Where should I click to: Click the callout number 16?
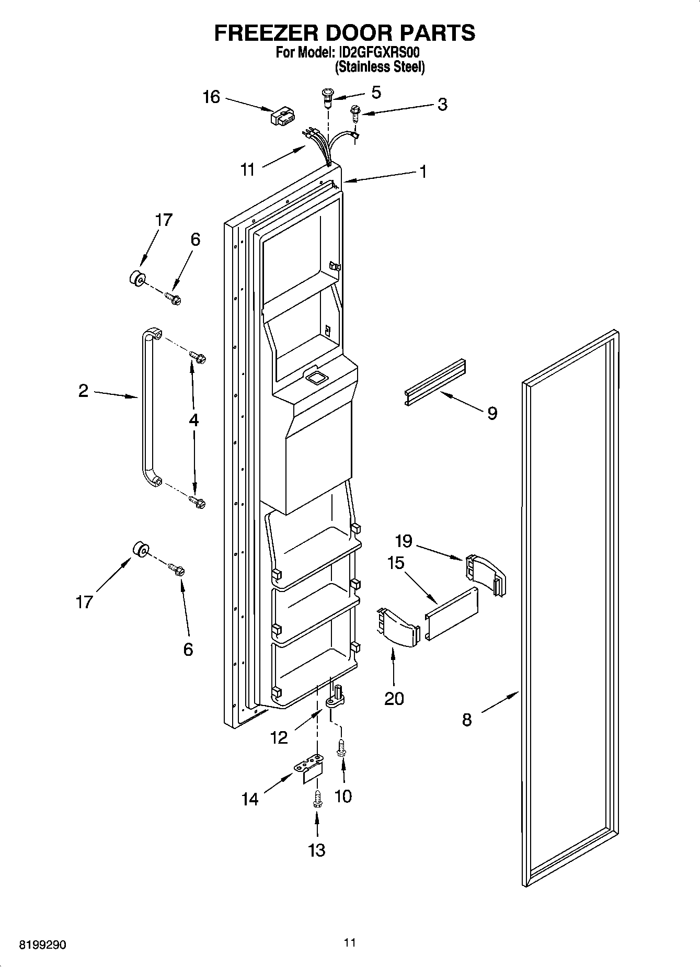[211, 97]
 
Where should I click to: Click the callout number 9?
[492, 413]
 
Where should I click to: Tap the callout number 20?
[394, 698]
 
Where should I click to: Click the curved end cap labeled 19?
[485, 574]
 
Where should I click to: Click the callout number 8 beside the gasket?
[467, 720]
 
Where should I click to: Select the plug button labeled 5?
[327, 97]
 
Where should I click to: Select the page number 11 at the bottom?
[350, 942]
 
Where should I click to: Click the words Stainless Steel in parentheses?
[380, 67]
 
